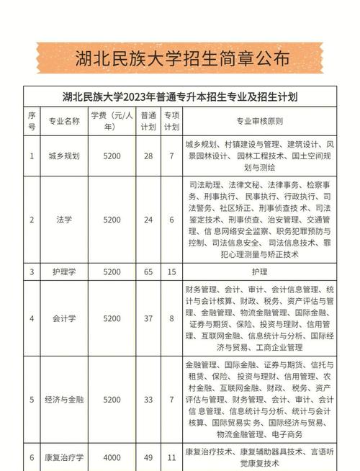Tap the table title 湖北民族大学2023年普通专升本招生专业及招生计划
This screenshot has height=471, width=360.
(x=180, y=96)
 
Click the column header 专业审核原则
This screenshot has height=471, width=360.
(x=259, y=120)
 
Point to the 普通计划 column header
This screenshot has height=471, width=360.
(x=148, y=120)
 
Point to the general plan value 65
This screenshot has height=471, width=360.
(x=148, y=272)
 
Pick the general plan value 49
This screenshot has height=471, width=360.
(x=148, y=457)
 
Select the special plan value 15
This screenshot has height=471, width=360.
(x=171, y=272)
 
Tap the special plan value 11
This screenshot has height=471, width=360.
(x=171, y=457)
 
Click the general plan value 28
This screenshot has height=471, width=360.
(x=148, y=155)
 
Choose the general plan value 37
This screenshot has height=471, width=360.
(x=148, y=318)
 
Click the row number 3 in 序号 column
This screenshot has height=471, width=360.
(x=32, y=272)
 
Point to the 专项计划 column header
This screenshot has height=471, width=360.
(x=171, y=120)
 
